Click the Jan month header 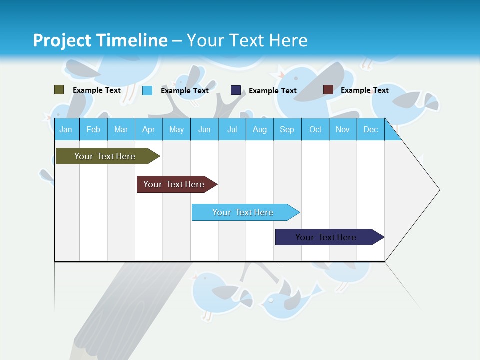click(x=66, y=129)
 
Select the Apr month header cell click(x=148, y=129)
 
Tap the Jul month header click(x=232, y=129)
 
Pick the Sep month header click(x=287, y=129)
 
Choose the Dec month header click(x=370, y=129)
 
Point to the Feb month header click(x=93, y=129)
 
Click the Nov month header click(x=342, y=129)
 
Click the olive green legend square click(x=59, y=90)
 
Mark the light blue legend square click(x=147, y=90)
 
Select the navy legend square click(x=235, y=90)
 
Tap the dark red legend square click(x=328, y=90)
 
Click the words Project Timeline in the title click(x=100, y=40)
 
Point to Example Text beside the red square click(x=364, y=90)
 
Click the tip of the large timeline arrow click(x=438, y=189)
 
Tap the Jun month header click(x=204, y=129)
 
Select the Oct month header click(x=315, y=129)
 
